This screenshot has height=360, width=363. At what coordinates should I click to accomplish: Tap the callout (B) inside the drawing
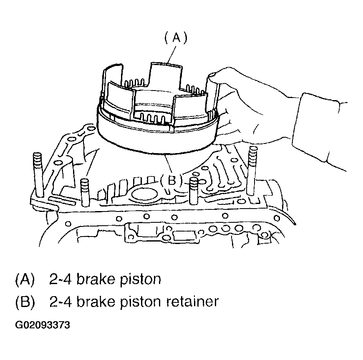click(171, 180)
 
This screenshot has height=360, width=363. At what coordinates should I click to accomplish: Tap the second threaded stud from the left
click(85, 192)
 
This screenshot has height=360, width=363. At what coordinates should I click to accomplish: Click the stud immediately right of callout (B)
click(194, 190)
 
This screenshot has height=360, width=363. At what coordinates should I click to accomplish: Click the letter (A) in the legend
click(25, 279)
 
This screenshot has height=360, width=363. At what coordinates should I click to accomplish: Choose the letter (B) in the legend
click(25, 301)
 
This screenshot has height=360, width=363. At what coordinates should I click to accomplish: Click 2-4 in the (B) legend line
click(59, 301)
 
